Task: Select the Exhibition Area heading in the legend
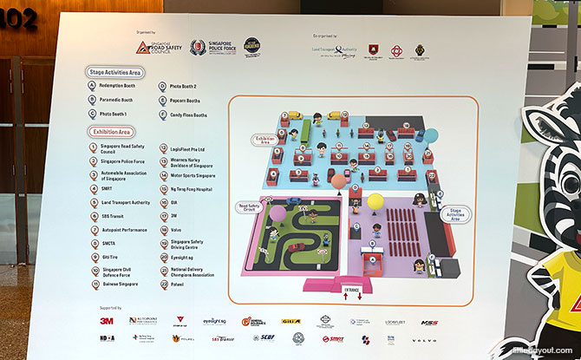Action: pyautogui.click(x=114, y=132)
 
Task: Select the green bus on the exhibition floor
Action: pyautogui.click(x=294, y=134)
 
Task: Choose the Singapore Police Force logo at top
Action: pyautogui.click(x=206, y=46)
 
